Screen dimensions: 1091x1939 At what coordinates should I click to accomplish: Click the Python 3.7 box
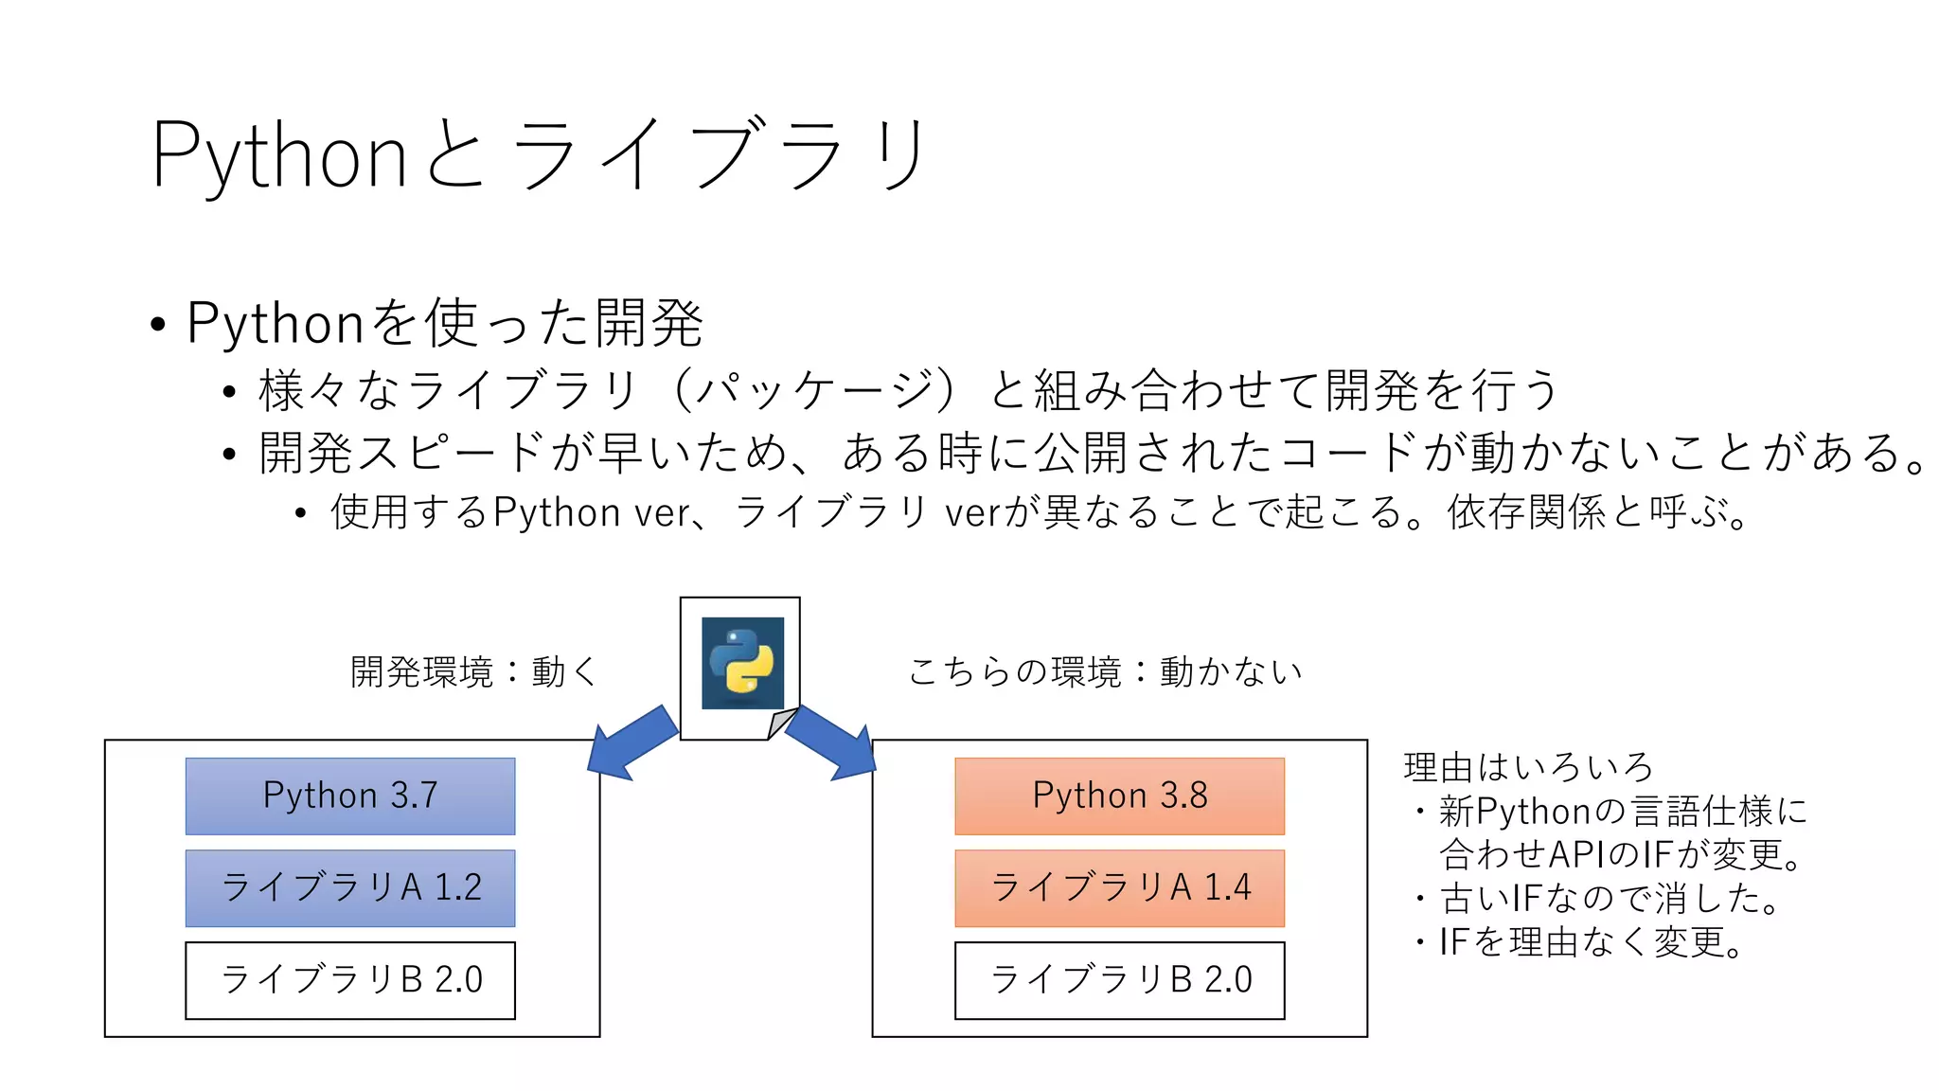pos(350,796)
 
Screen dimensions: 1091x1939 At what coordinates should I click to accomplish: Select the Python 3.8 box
pos(1119,796)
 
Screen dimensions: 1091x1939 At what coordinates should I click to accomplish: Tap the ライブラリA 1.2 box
pos(350,887)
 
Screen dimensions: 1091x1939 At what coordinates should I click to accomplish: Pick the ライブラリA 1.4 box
pos(1119,887)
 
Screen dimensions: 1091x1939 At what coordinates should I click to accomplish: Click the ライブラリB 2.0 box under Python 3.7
pos(350,980)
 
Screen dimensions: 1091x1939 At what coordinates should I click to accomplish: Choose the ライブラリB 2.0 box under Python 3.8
pos(1119,980)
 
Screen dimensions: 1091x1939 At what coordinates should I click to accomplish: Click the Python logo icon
pos(742,662)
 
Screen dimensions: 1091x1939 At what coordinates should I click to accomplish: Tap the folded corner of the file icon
pos(782,724)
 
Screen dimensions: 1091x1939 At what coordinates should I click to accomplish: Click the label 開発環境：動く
pos(473,672)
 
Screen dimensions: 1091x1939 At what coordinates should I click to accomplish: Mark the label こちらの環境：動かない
pos(1105,672)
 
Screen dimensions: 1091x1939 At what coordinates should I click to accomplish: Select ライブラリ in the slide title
pos(720,155)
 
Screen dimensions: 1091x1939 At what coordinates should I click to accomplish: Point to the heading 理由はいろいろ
pos(1528,767)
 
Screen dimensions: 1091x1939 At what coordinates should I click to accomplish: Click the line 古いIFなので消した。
pos(1610,898)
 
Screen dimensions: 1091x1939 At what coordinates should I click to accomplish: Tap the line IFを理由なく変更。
pos(1591,942)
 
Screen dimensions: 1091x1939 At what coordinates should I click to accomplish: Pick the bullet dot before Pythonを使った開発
pos(158,325)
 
